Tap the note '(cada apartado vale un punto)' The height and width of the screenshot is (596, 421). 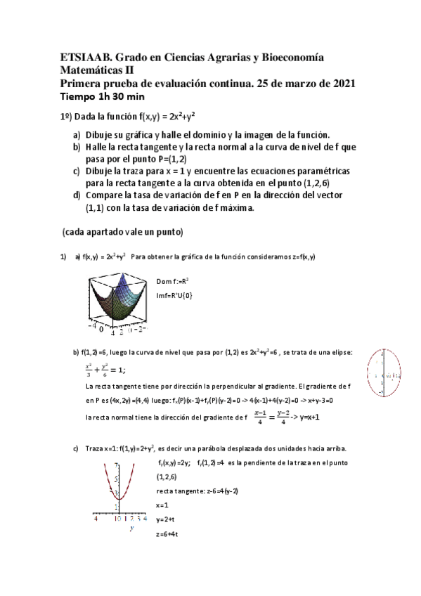(x=123, y=231)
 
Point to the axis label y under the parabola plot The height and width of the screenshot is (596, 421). (x=131, y=529)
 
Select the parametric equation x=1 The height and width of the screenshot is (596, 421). (x=162, y=505)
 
